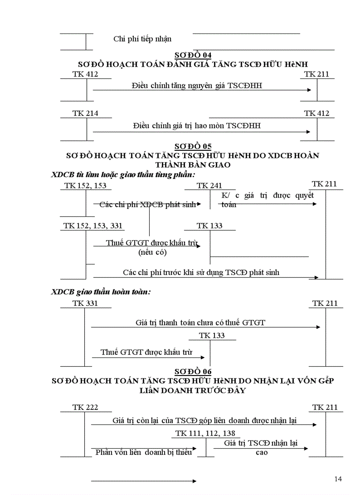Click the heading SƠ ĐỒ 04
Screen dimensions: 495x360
(193, 55)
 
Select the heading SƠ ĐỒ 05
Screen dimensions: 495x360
(193, 146)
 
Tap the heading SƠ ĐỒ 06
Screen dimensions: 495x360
(193, 372)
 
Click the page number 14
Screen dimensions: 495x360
(338, 479)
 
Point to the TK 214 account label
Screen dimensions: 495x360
(85, 114)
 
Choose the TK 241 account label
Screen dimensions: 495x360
(210, 186)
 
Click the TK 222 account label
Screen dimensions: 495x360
(85, 407)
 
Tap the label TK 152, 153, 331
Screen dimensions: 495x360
(93, 226)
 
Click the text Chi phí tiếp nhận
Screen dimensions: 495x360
(142, 39)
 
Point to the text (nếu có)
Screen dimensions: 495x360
(152, 253)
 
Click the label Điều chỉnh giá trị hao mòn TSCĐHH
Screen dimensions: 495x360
(197, 126)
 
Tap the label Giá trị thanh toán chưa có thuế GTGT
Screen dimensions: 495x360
(200, 323)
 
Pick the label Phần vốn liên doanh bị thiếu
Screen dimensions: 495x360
(144, 452)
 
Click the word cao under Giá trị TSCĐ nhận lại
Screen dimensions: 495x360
(262, 453)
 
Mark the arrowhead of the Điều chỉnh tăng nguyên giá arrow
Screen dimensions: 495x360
(310, 90)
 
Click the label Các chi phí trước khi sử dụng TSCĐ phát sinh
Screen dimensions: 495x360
(201, 273)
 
